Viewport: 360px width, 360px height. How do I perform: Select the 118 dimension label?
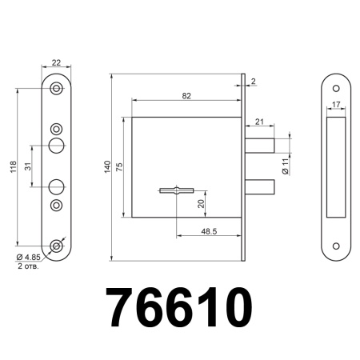click(11, 166)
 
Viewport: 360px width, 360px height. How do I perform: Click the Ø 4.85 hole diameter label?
click(30, 256)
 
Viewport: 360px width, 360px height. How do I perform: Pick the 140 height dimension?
click(106, 166)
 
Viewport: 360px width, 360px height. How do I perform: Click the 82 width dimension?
click(186, 95)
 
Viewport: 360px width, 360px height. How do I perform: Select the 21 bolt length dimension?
click(259, 121)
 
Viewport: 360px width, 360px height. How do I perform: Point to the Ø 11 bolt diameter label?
click(285, 166)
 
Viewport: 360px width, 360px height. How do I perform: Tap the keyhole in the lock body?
click(176, 190)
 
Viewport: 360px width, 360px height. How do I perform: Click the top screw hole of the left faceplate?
click(56, 89)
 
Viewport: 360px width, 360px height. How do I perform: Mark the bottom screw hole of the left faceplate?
click(56, 245)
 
